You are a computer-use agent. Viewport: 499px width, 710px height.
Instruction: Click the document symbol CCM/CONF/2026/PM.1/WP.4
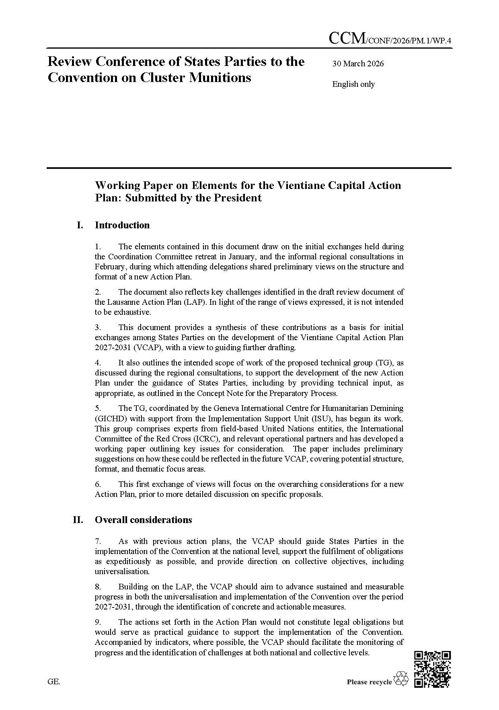tap(390, 39)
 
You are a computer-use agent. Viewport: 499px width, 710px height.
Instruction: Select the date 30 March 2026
tap(358, 64)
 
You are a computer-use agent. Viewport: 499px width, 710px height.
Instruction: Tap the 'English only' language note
tap(353, 84)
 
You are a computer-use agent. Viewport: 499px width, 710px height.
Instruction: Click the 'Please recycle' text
tap(369, 681)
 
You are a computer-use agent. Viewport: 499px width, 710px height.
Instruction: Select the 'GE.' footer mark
tap(54, 681)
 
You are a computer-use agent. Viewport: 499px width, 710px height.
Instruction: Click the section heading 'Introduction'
tap(122, 225)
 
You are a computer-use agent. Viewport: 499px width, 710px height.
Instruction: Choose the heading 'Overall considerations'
tap(143, 520)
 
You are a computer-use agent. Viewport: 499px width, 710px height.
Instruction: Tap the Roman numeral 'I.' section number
tap(80, 225)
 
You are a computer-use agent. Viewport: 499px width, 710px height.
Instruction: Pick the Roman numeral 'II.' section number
tap(78, 520)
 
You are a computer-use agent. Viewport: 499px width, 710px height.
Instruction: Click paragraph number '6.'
tap(98, 484)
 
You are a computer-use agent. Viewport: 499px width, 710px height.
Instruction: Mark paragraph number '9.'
tap(98, 622)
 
